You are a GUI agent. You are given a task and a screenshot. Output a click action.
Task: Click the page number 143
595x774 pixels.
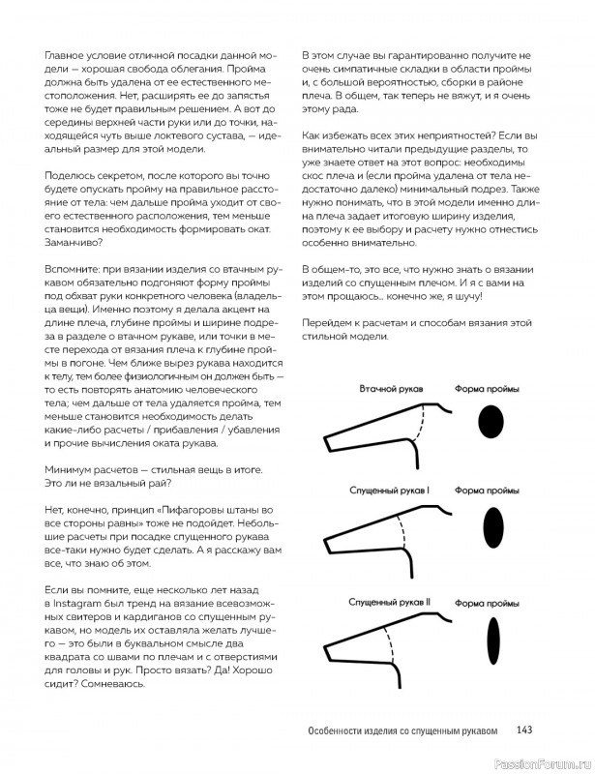[525, 730]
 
